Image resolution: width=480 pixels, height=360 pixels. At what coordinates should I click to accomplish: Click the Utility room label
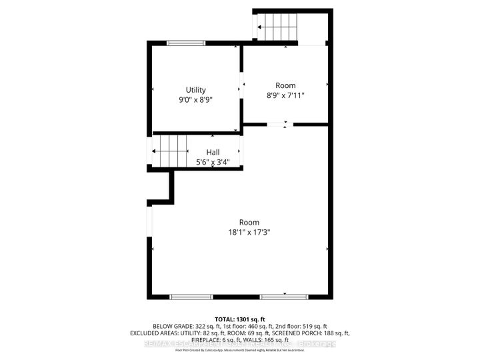196,90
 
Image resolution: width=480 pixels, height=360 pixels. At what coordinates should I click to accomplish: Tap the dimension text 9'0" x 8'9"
196,99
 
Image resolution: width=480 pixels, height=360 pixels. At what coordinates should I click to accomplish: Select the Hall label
213,153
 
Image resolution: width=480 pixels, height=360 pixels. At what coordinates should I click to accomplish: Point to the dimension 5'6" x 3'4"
213,162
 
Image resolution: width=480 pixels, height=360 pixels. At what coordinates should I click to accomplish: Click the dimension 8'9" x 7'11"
285,95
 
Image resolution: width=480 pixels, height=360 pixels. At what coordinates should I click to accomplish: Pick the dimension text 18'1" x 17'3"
249,232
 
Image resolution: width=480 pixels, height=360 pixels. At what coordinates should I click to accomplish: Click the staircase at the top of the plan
278,27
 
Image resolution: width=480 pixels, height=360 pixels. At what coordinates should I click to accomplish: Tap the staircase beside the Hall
172,151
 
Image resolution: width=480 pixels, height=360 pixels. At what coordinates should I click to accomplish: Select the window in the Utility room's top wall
186,43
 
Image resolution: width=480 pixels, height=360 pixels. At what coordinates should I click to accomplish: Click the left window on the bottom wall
191,297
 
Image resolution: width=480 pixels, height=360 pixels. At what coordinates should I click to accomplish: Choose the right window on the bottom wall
279,297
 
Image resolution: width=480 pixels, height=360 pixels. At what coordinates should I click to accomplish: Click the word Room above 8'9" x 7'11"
285,85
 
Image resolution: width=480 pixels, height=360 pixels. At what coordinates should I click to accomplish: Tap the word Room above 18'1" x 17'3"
249,223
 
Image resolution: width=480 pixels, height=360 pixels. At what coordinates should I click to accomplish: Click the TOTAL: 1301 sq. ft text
240,319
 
